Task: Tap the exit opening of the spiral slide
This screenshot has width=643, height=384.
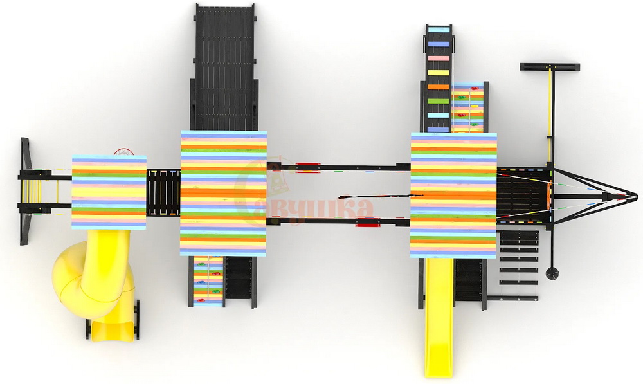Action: [x=113, y=331]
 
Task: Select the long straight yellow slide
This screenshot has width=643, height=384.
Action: [x=439, y=316]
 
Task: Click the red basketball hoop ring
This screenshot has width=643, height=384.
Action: [x=124, y=152]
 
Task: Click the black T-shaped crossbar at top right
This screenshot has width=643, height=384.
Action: [x=550, y=66]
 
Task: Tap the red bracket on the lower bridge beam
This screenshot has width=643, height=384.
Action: [x=367, y=223]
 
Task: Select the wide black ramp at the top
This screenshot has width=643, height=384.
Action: [x=224, y=68]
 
